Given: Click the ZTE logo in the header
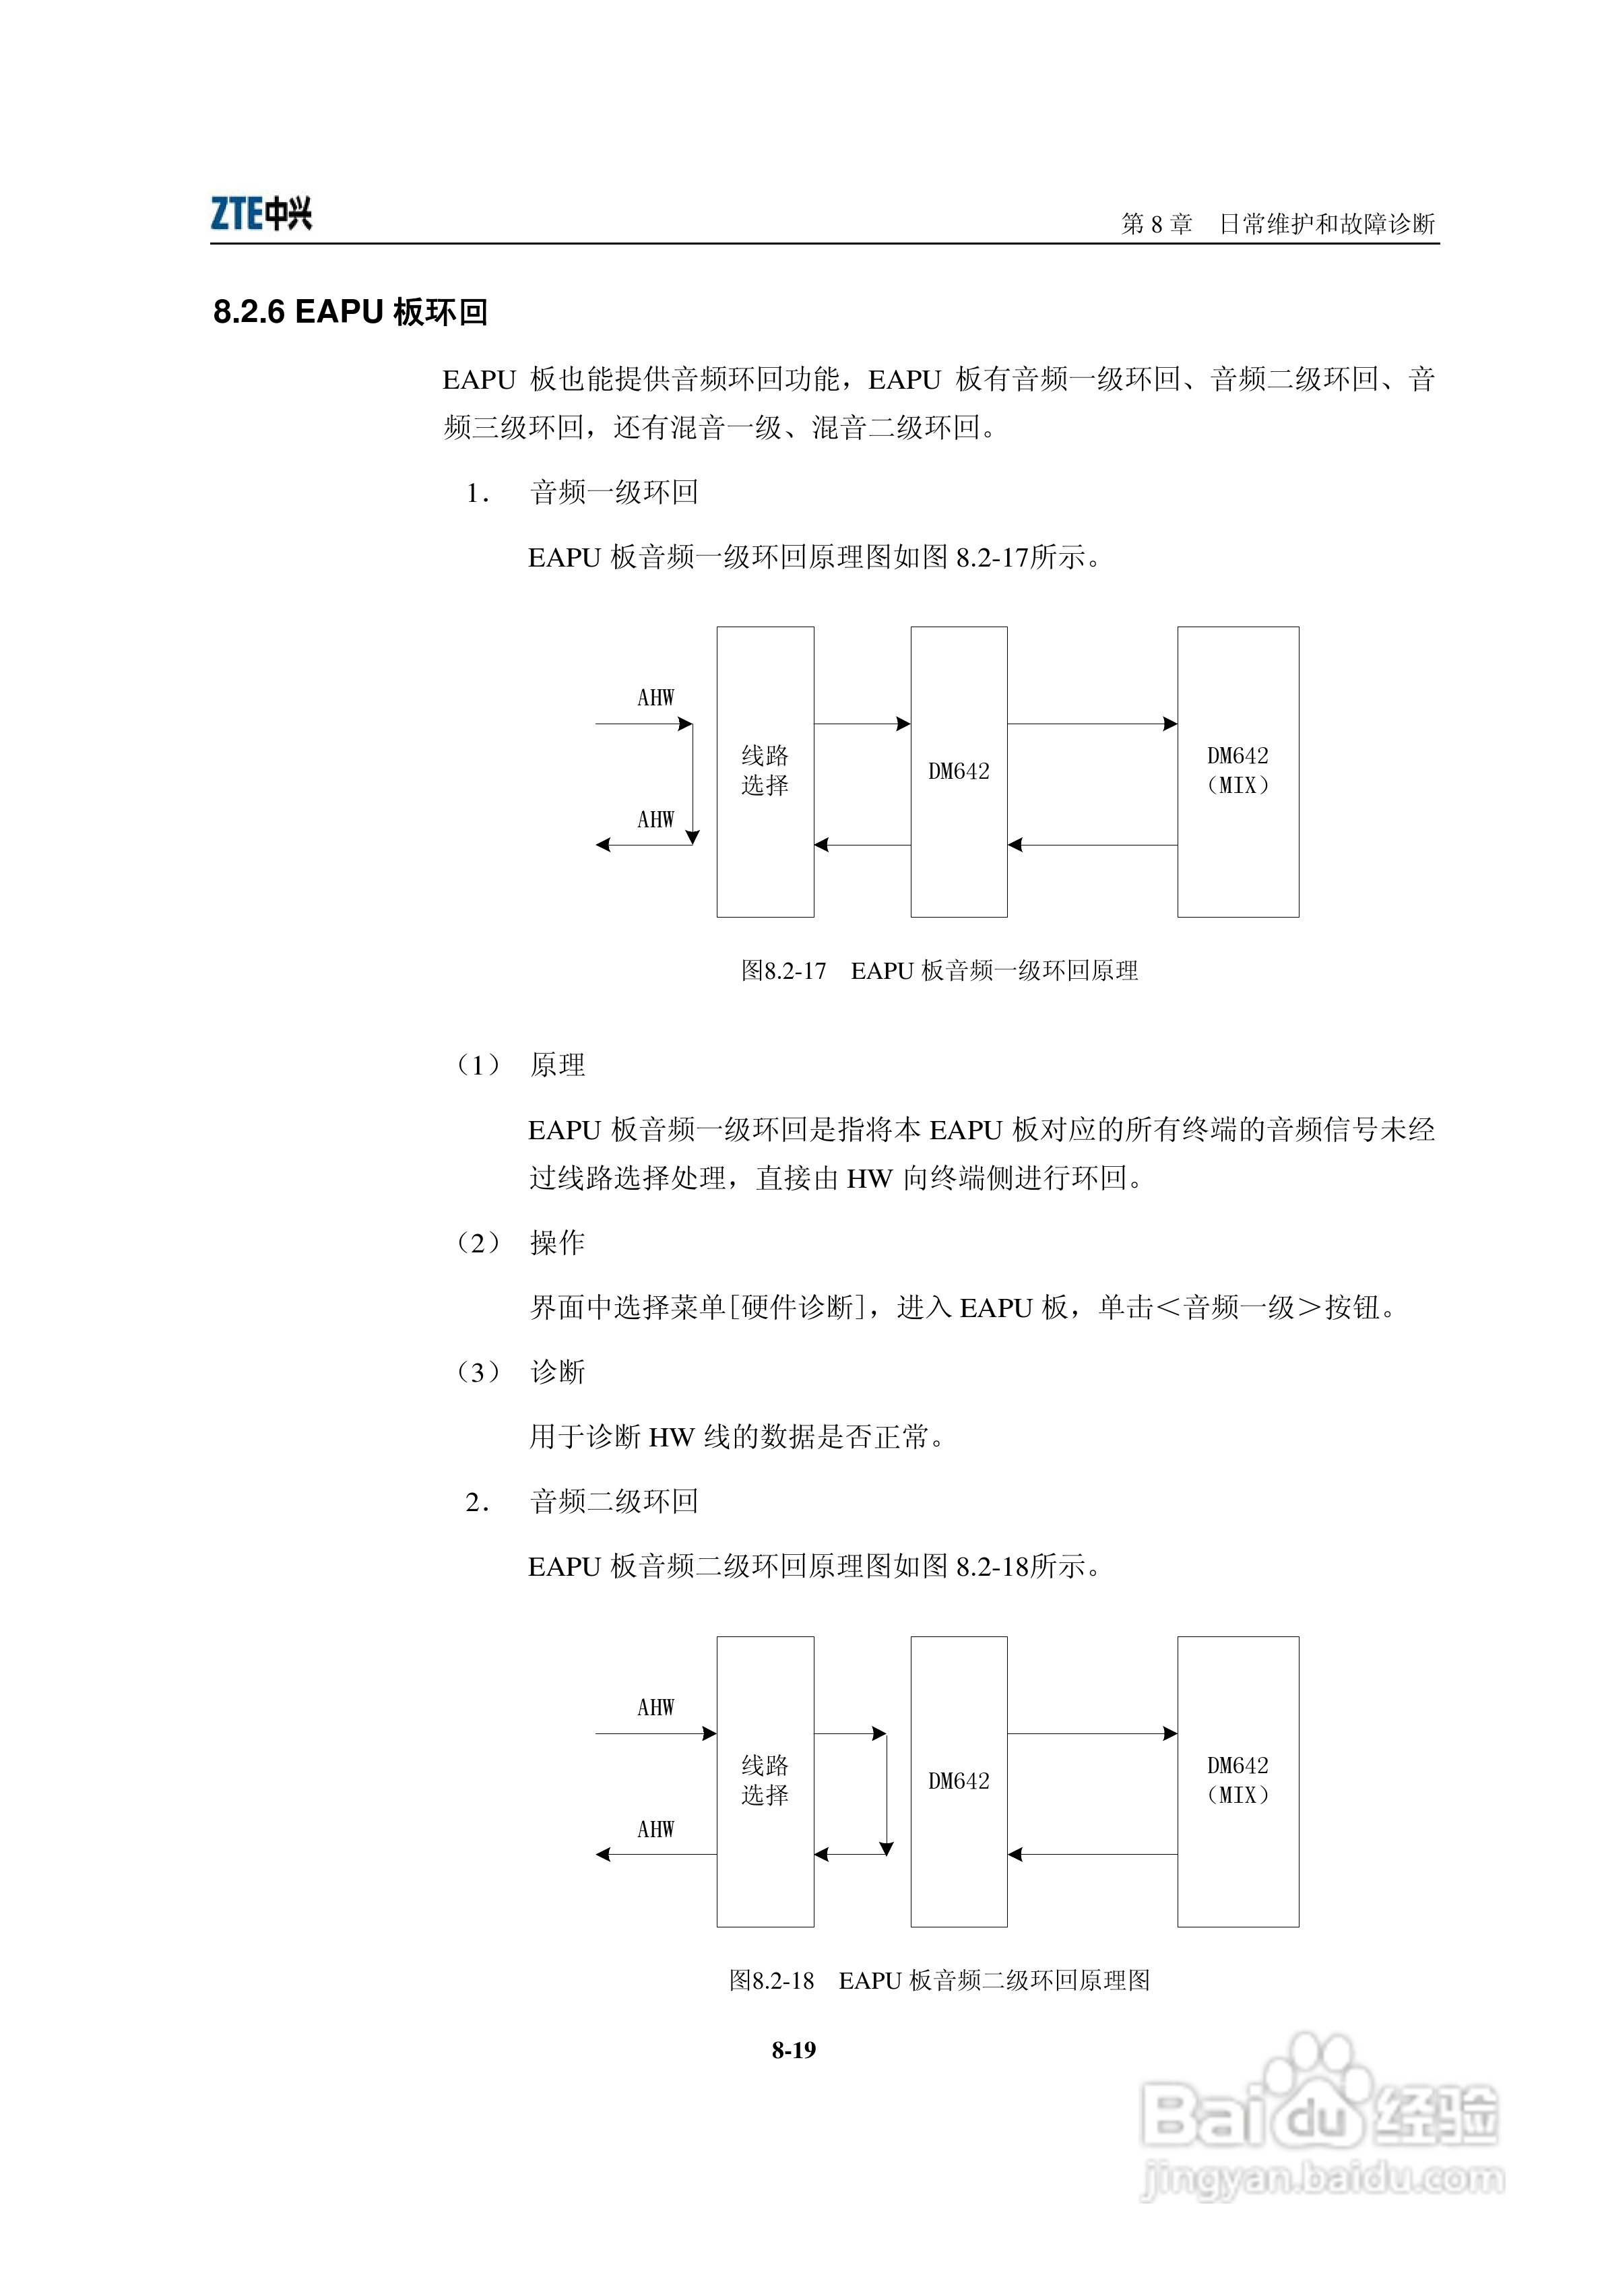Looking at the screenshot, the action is [x=261, y=214].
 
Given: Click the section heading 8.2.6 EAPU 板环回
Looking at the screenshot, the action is [x=351, y=313].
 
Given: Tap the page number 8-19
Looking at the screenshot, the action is [x=794, y=2049].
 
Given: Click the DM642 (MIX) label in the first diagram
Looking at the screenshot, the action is [x=1238, y=771].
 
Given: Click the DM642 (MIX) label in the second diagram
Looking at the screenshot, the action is [x=1238, y=1781].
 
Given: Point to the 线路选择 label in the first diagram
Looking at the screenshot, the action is [x=765, y=771].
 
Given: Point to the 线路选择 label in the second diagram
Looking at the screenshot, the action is [x=765, y=1781].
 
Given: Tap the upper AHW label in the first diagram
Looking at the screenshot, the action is [x=655, y=698].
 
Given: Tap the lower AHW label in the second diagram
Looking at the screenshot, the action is [x=655, y=1829].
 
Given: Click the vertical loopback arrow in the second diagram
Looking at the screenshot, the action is [x=887, y=1793].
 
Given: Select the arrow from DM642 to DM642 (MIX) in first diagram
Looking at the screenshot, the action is [x=1092, y=724].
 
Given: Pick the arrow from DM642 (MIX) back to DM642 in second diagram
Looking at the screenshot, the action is [x=1092, y=1854].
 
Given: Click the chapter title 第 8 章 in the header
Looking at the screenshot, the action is [x=1156, y=224].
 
